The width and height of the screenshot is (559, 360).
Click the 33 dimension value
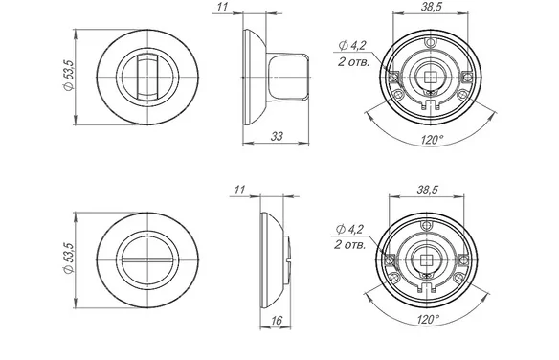click(277, 136)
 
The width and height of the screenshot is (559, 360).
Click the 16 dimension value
click(277, 321)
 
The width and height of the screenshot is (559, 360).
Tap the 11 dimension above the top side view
click(222, 7)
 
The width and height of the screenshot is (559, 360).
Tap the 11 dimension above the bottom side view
click(239, 190)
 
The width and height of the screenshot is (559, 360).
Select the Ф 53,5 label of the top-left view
click(69, 76)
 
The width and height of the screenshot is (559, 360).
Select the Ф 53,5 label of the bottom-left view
click(69, 259)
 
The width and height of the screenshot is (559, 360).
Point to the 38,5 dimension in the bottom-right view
click(427, 190)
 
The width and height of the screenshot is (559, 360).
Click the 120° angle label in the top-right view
click(433, 139)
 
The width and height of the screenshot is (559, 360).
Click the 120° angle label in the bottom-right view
click(428, 319)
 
